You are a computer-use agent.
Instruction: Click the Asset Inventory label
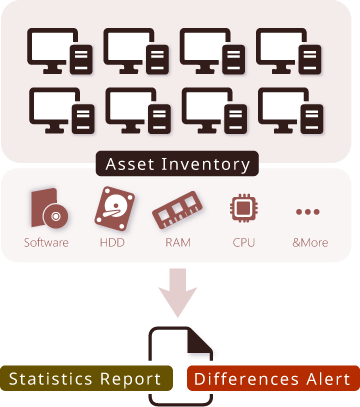pyautogui.click(x=179, y=163)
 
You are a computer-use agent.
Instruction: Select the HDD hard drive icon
pyautogui.click(x=113, y=210)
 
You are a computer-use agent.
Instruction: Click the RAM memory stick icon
pyautogui.click(x=178, y=212)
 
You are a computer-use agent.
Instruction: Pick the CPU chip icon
pyautogui.click(x=243, y=209)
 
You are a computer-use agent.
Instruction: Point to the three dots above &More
pyautogui.click(x=308, y=212)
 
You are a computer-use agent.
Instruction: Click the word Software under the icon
pyautogui.click(x=47, y=243)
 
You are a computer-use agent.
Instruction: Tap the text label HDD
pyautogui.click(x=112, y=243)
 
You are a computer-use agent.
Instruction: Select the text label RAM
pyautogui.click(x=178, y=243)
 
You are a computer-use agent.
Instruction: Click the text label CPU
pyautogui.click(x=243, y=243)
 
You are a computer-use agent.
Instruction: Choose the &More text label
pyautogui.click(x=308, y=243)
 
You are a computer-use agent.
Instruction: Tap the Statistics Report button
pyautogui.click(x=85, y=379)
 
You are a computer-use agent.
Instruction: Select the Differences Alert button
pyautogui.click(x=272, y=379)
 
